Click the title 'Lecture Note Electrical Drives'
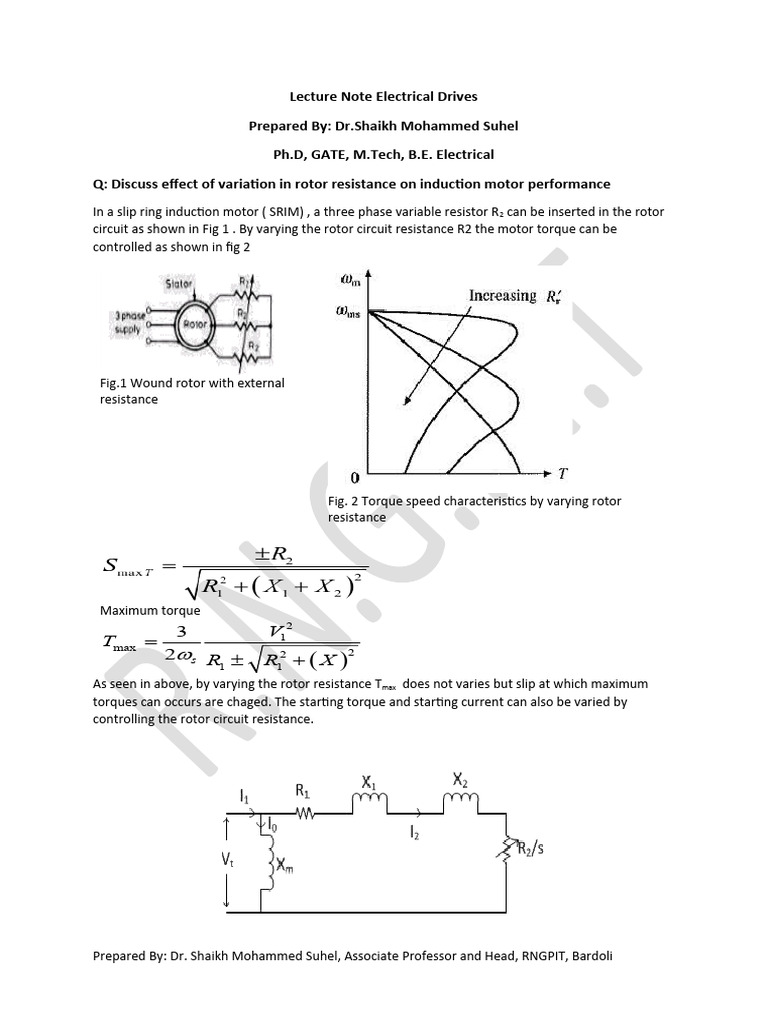[383, 97]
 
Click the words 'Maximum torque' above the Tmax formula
[150, 610]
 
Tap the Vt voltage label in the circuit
[228, 859]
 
